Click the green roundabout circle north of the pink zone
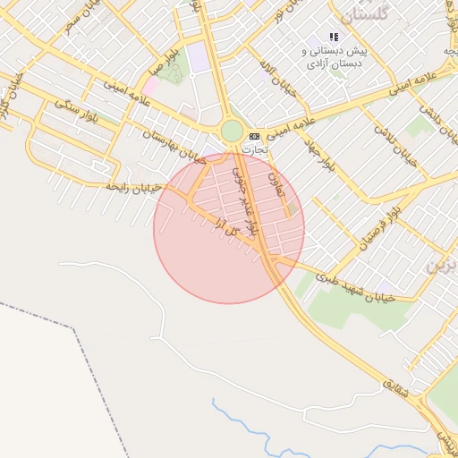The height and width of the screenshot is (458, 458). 232,131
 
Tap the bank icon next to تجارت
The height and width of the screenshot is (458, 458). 255,135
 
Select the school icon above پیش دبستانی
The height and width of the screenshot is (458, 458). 334,38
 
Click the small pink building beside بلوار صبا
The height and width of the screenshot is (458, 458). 151,85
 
